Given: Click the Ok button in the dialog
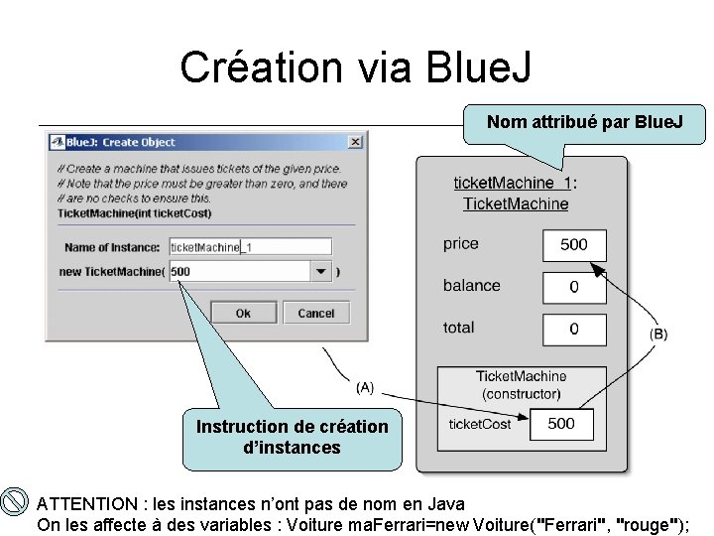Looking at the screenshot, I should coord(243,313).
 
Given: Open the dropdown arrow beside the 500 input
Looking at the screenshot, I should coord(320,271).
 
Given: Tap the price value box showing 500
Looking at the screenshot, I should coord(573,245).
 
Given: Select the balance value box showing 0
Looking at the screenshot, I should coord(573,287).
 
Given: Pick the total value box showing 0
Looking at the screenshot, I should coord(573,329).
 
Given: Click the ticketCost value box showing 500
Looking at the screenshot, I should coord(560,424).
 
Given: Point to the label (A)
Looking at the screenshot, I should coord(365,386).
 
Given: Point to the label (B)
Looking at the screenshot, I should coord(658,335).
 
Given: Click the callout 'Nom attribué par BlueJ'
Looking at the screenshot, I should coord(584,123).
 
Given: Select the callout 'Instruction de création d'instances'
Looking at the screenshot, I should coord(292,437).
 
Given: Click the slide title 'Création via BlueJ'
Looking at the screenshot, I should coord(356,67).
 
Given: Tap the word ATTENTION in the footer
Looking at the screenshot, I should coord(84,504).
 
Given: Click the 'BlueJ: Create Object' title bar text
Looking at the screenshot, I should coord(138,142).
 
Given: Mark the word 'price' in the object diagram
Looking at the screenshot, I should coord(460,244).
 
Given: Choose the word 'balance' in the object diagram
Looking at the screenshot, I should coord(471,286).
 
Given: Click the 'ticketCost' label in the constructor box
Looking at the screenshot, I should coord(480,424).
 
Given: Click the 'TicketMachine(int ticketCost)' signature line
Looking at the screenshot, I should coord(134,212).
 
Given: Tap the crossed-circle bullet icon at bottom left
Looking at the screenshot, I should coord(15,502).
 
